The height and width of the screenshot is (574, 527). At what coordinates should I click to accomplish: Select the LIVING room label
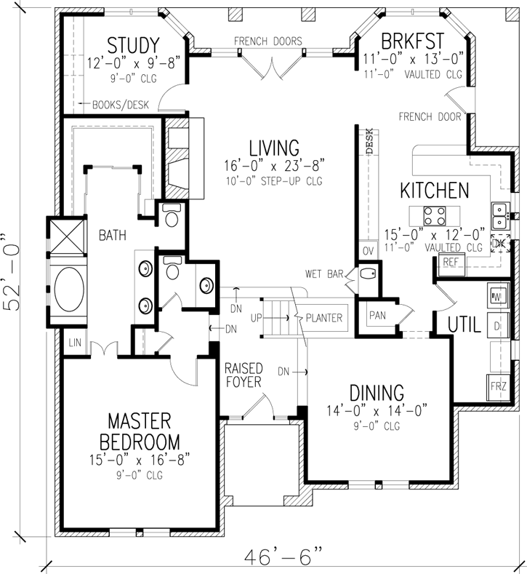[273, 148]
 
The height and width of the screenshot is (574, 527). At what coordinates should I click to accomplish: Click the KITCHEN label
[435, 191]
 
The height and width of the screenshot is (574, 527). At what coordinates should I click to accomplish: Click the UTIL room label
[464, 325]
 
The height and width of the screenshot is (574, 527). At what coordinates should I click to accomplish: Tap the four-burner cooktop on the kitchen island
[435, 215]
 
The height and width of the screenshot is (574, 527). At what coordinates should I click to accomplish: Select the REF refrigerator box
[451, 261]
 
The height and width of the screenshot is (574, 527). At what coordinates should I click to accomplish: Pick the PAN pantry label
[377, 315]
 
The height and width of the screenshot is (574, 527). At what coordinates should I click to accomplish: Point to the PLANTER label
[324, 318]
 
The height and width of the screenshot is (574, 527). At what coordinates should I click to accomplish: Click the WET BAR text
[323, 274]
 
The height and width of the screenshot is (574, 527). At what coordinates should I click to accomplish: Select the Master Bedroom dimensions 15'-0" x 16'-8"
[139, 460]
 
